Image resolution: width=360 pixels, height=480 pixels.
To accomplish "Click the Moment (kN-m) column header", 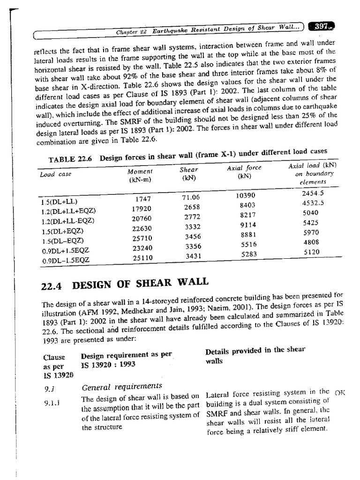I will pos(140,176).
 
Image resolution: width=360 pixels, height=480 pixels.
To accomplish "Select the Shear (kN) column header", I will pos(189,173).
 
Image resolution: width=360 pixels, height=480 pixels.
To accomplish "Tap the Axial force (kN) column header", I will pos(244,171).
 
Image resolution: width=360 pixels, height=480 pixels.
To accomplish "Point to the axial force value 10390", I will pos(247,195).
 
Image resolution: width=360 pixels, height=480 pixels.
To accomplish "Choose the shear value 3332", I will pos(193,227).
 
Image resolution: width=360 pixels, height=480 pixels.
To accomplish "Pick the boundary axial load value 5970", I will pos(311,232).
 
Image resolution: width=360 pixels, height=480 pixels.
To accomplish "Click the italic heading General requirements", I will pos(122,387).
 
